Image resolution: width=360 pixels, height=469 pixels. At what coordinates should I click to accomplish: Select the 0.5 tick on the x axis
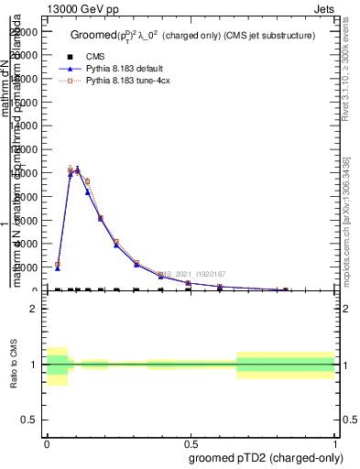coord(191,444)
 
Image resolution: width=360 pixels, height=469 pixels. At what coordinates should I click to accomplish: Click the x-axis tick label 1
coord(335,444)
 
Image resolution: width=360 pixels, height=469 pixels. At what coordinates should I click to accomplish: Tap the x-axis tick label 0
coord(47,444)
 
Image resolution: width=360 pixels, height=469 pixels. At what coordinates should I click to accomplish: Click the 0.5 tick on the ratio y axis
coord(30,420)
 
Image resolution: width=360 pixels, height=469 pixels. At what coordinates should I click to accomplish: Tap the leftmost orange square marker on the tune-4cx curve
coord(58,265)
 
